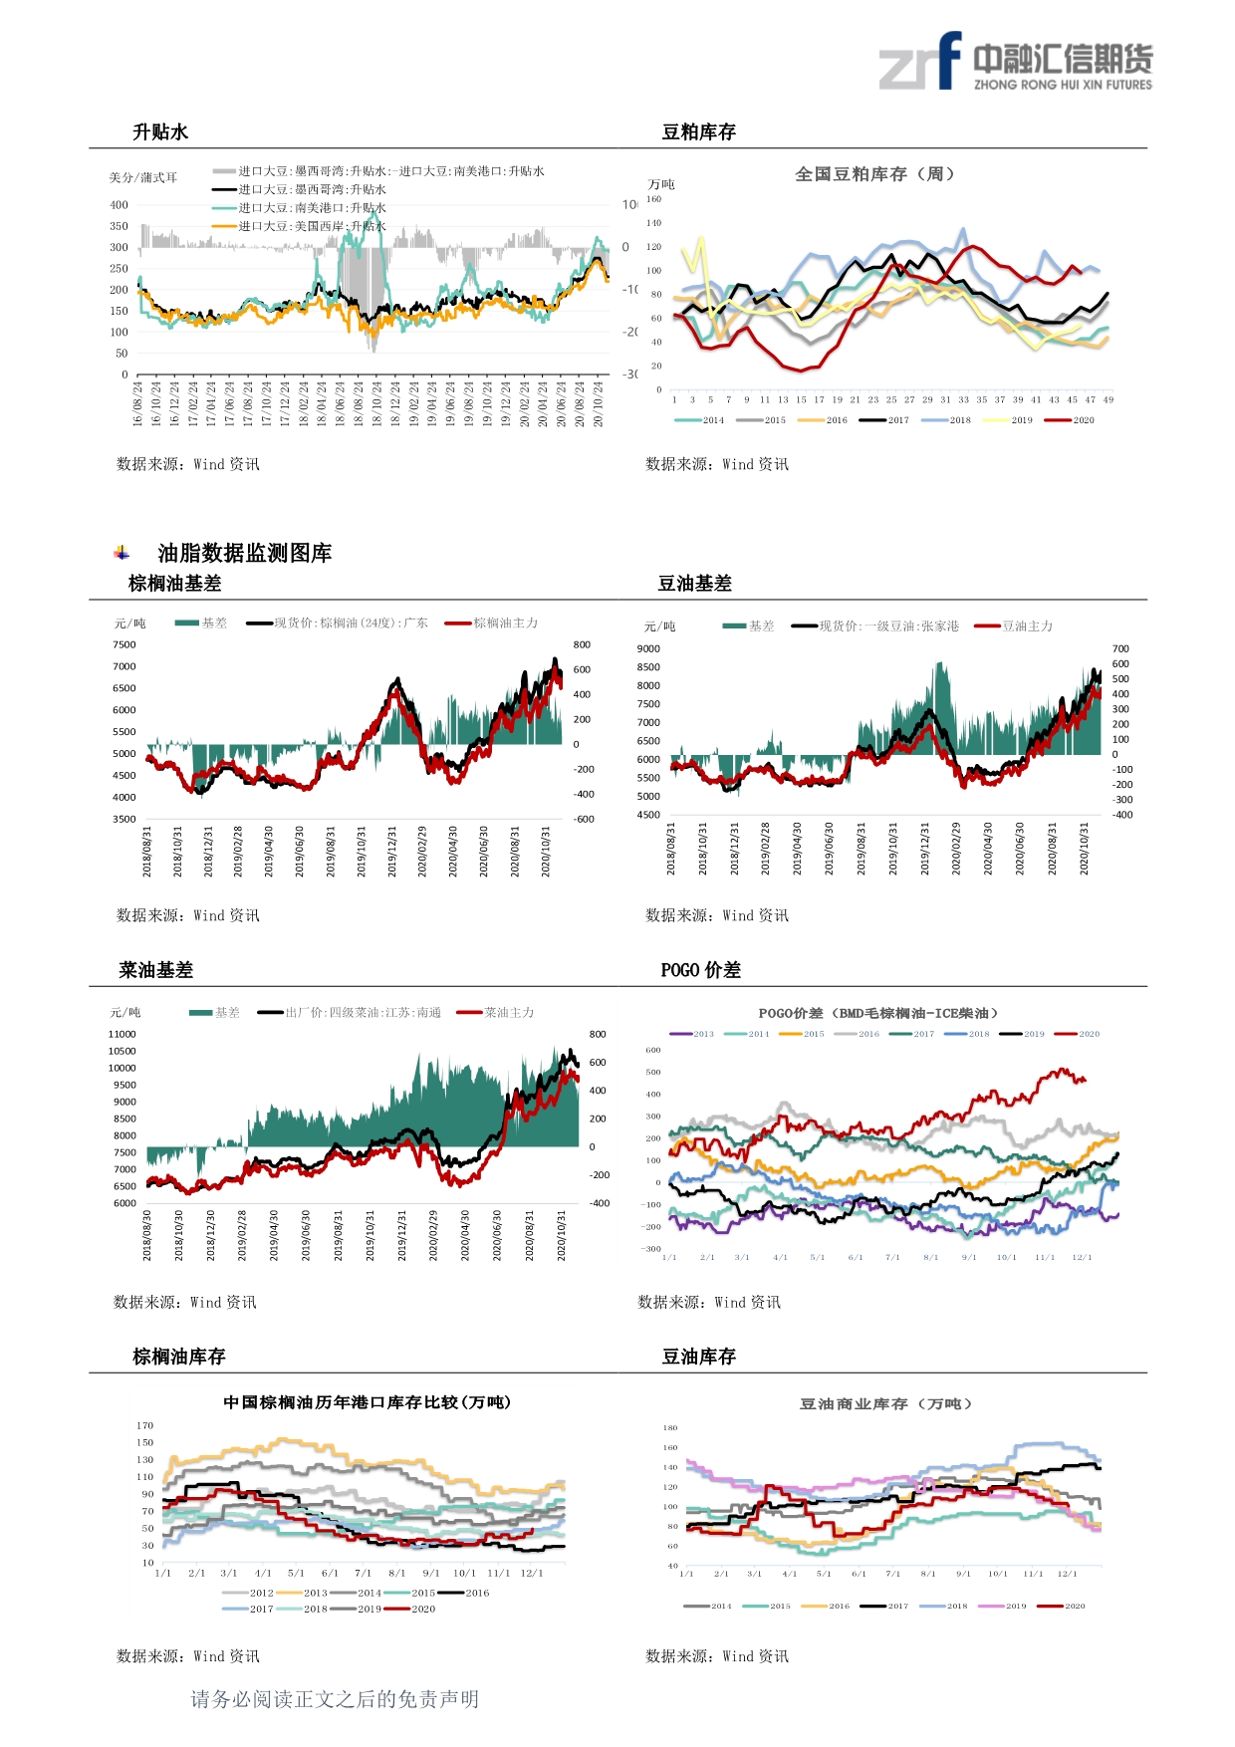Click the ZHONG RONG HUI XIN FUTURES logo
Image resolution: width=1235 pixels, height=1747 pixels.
click(1015, 62)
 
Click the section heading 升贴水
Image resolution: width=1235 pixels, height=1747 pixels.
click(160, 132)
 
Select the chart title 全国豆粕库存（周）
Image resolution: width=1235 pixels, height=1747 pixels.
click(874, 174)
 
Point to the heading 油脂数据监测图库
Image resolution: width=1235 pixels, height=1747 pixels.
click(244, 553)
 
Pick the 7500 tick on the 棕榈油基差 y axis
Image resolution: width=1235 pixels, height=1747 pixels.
click(124, 644)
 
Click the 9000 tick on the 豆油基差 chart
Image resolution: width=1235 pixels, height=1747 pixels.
click(648, 648)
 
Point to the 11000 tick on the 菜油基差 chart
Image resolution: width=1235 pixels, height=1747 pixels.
click(123, 1034)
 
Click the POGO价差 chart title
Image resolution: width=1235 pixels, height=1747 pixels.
click(877, 1013)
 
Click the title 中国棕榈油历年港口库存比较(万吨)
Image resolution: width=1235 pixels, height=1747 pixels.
click(367, 1402)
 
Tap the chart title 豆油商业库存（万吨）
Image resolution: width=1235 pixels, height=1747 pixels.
click(885, 1404)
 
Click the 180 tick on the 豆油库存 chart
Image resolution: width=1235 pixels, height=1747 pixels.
click(670, 1428)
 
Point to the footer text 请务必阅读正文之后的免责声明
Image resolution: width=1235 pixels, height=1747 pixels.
click(335, 1699)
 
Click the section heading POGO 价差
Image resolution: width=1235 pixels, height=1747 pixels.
click(700, 970)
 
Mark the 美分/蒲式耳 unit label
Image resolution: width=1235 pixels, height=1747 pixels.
click(143, 178)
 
